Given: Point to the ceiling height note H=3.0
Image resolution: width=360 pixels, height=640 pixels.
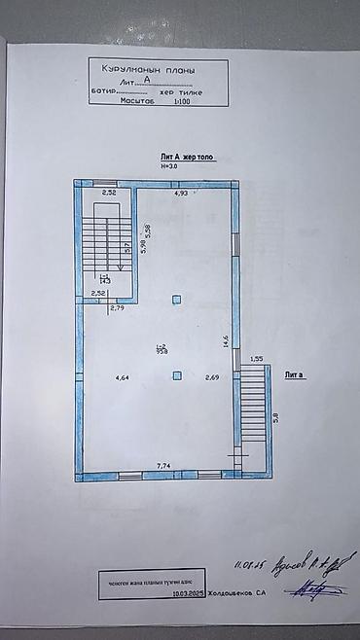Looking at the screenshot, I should (170, 165).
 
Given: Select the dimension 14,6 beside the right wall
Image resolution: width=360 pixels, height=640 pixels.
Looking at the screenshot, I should (225, 340).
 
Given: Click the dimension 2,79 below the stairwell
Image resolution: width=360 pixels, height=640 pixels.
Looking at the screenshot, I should (118, 308).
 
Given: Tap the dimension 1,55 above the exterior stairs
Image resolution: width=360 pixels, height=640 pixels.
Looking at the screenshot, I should (257, 360).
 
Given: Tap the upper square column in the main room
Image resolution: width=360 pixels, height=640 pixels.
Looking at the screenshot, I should (176, 300).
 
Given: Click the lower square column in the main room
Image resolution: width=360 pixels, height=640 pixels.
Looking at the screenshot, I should (176, 375).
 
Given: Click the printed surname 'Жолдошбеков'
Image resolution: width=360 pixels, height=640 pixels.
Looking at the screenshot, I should (226, 591).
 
